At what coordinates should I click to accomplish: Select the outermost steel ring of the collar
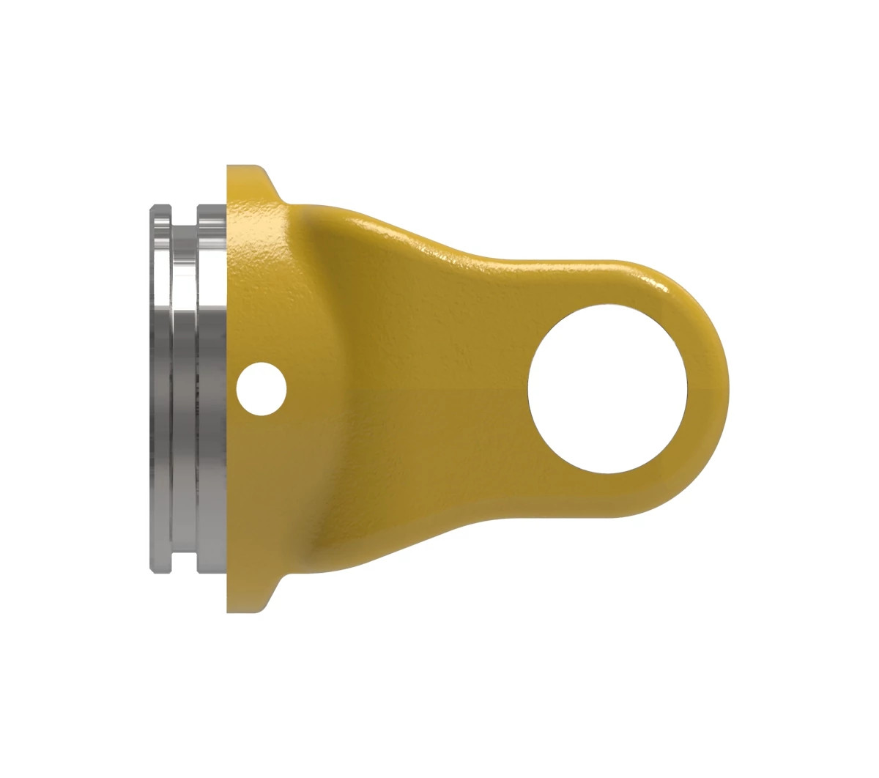point(160,388)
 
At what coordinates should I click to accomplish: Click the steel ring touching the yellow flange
point(211,388)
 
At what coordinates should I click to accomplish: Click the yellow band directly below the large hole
point(608,495)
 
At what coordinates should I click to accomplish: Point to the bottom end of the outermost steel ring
point(160,568)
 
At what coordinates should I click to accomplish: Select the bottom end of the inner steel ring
point(211,568)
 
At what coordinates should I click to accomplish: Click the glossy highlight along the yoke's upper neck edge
point(439,249)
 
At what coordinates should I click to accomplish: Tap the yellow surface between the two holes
point(410,388)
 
